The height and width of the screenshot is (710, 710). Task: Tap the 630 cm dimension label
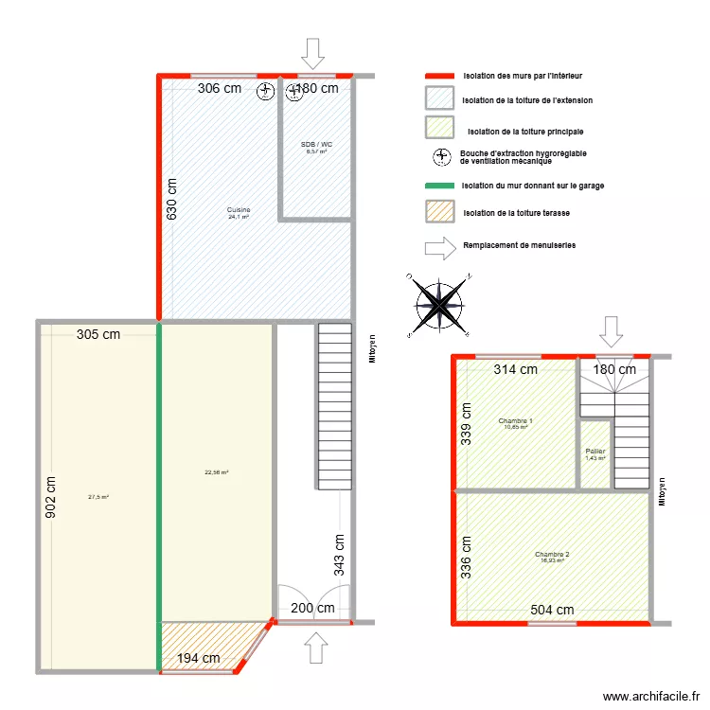tap(172, 199)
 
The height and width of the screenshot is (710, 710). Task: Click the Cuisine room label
tap(239, 209)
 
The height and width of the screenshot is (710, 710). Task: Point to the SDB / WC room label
tap(316, 145)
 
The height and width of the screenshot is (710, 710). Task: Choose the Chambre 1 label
tap(515, 421)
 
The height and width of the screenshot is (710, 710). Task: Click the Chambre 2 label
tap(551, 555)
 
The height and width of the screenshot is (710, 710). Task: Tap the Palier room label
tap(595, 452)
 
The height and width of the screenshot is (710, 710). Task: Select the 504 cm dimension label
tap(551, 611)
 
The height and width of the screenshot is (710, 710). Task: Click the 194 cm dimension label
tap(199, 658)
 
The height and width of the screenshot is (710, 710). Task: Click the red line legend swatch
tap(439, 75)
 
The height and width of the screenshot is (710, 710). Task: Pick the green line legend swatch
tap(439, 186)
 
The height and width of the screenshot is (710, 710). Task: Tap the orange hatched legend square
tap(439, 214)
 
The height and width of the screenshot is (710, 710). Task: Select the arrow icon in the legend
tap(439, 248)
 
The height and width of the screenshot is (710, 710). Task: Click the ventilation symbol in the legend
tap(440, 157)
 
